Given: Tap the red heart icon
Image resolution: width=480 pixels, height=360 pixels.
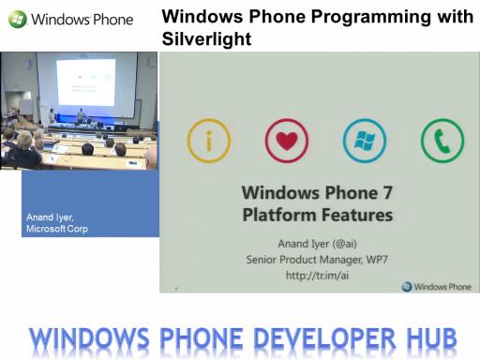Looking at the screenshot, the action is tap(287, 141).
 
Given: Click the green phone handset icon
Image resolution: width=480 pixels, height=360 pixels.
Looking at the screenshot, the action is tap(442, 142).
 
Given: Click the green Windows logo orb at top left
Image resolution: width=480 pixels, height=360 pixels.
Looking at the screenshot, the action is tap(17, 19).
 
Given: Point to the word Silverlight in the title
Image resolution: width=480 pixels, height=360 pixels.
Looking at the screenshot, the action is tap(206, 38).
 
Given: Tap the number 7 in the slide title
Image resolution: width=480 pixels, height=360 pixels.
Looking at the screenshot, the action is tap(387, 192).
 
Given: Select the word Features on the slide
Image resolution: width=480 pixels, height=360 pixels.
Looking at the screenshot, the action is tap(357, 215).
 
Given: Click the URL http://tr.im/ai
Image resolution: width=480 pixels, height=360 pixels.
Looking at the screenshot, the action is tap(317, 276).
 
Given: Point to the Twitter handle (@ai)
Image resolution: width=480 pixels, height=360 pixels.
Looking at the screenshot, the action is tap(344, 244).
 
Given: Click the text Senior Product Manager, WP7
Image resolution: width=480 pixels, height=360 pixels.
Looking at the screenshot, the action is tap(317, 260).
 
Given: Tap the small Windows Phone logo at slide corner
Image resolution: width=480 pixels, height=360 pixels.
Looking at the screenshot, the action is tap(436, 286).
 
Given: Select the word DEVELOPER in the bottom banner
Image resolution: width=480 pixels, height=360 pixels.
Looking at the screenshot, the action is tap(325, 338).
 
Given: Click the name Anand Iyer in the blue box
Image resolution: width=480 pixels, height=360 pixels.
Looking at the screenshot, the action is tap(50, 217).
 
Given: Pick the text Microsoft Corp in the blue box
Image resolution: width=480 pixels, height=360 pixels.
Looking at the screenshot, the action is tap(57, 229).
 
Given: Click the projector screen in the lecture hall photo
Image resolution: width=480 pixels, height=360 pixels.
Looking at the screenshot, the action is tap(85, 82).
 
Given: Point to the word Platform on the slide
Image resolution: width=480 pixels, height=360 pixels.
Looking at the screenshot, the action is tap(279, 215).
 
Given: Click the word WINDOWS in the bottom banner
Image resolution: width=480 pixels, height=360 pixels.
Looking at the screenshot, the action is tap(89, 338).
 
